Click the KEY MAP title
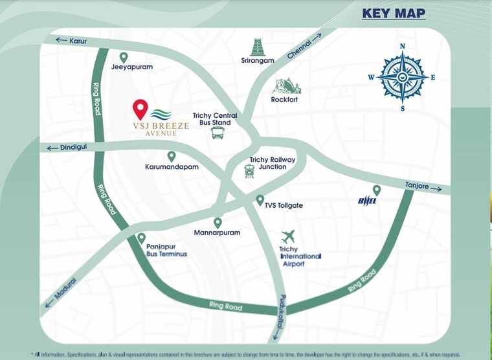pos(393,13)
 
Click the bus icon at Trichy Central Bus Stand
pos(218,133)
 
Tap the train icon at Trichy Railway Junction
pos(249,170)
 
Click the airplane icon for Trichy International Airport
pos(288,237)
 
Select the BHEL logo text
pos(368,201)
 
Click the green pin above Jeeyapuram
pos(124,58)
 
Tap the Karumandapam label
pos(172,167)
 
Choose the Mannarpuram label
pos(218,232)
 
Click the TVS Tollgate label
pos(284,205)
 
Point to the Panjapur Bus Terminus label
pos(166,250)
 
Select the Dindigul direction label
pos(72,148)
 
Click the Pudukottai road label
pos(279,317)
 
